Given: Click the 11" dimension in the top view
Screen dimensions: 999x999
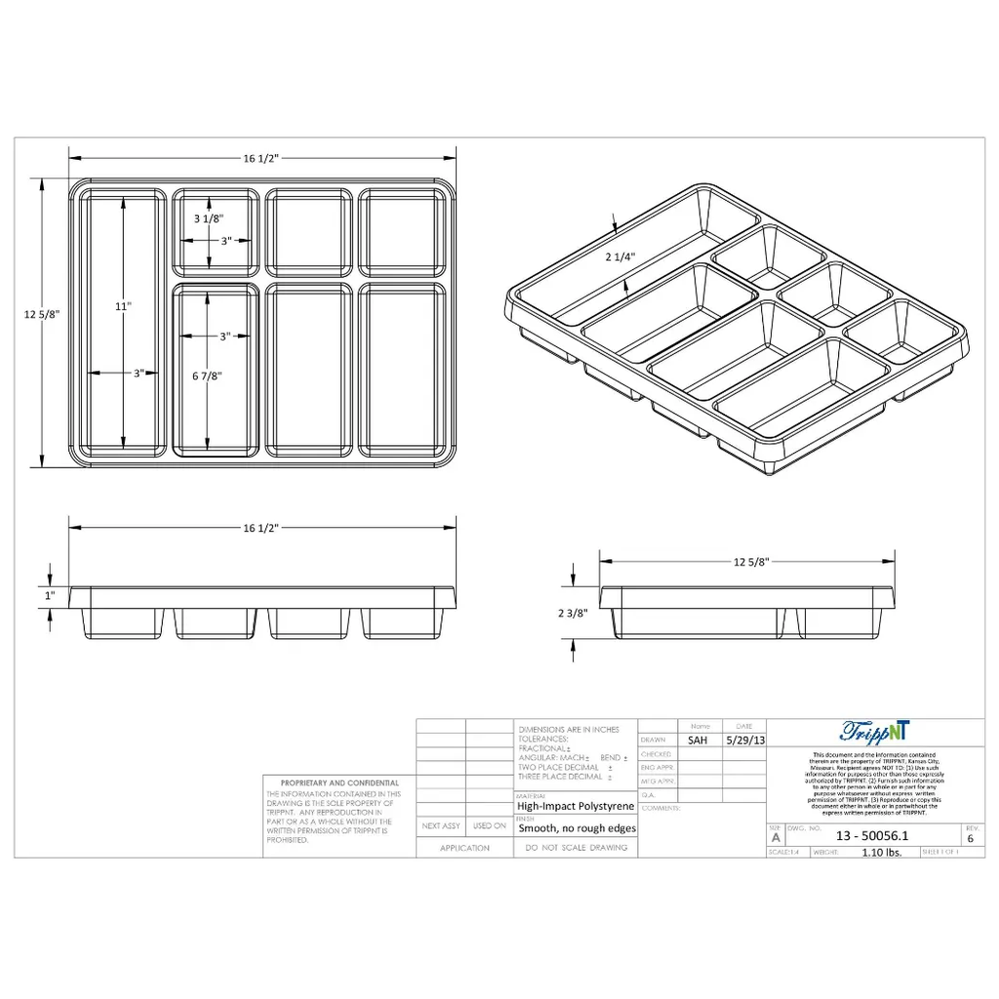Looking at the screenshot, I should (123, 306).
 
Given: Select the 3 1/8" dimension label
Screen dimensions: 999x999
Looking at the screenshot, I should (209, 219).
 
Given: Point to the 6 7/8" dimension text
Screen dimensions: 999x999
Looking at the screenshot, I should (208, 376).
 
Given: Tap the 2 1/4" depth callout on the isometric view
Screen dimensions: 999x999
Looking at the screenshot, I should (620, 258).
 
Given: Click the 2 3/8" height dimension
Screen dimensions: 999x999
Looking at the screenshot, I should (573, 614).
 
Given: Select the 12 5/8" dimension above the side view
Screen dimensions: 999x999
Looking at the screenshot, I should (751, 561).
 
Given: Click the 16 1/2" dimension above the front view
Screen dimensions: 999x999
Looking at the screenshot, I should (261, 527).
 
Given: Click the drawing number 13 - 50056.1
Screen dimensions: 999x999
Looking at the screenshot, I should (872, 836).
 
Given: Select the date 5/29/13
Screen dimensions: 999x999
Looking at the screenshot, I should (745, 740).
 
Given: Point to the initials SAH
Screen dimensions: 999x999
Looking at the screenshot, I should (698, 740).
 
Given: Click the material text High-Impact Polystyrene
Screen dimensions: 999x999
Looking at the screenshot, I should (576, 807).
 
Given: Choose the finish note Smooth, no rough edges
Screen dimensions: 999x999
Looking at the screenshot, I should (577, 828).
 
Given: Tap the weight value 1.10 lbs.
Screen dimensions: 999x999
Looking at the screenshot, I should (882, 852).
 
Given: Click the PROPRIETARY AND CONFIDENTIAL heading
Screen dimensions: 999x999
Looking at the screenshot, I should (340, 782).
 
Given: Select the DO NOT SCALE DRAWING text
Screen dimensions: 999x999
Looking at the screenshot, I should (576, 849).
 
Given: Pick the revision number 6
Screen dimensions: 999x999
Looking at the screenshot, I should (970, 838).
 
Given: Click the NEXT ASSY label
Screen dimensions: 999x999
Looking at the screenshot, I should (440, 826).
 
